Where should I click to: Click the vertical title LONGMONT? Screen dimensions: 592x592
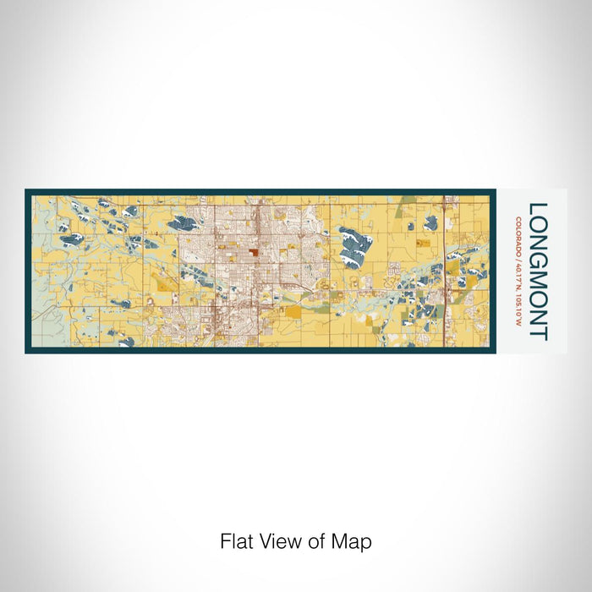537,270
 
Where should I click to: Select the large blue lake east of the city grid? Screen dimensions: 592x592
356,246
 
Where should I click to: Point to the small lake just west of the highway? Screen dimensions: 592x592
430,223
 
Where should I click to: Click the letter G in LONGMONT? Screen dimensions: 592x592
537,250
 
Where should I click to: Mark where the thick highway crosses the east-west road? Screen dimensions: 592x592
445,292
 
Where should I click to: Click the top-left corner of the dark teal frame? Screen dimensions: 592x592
27,190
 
